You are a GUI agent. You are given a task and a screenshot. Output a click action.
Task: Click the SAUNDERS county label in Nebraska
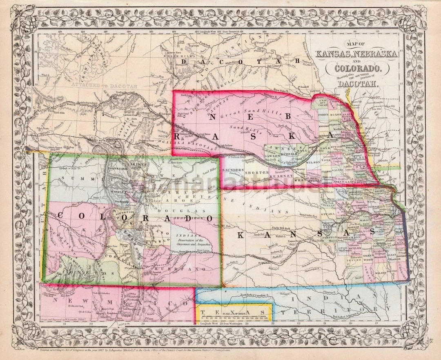232,170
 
